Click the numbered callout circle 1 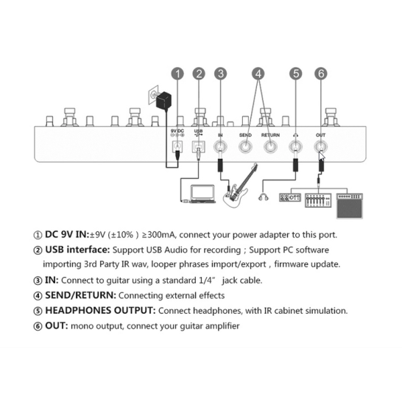[177, 74]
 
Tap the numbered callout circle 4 [258, 74]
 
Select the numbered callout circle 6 [321, 74]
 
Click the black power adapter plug [164, 101]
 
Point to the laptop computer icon [202, 194]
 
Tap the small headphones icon [264, 197]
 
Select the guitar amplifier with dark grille [350, 206]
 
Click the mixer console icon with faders [318, 200]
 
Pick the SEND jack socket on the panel [245, 147]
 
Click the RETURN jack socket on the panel [270, 147]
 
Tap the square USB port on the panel [199, 147]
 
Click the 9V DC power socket [177, 147]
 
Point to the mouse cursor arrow [322, 157]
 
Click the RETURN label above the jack [270, 135]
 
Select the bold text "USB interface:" [77, 250]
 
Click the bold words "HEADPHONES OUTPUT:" [100, 311]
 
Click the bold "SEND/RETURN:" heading [81, 295]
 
